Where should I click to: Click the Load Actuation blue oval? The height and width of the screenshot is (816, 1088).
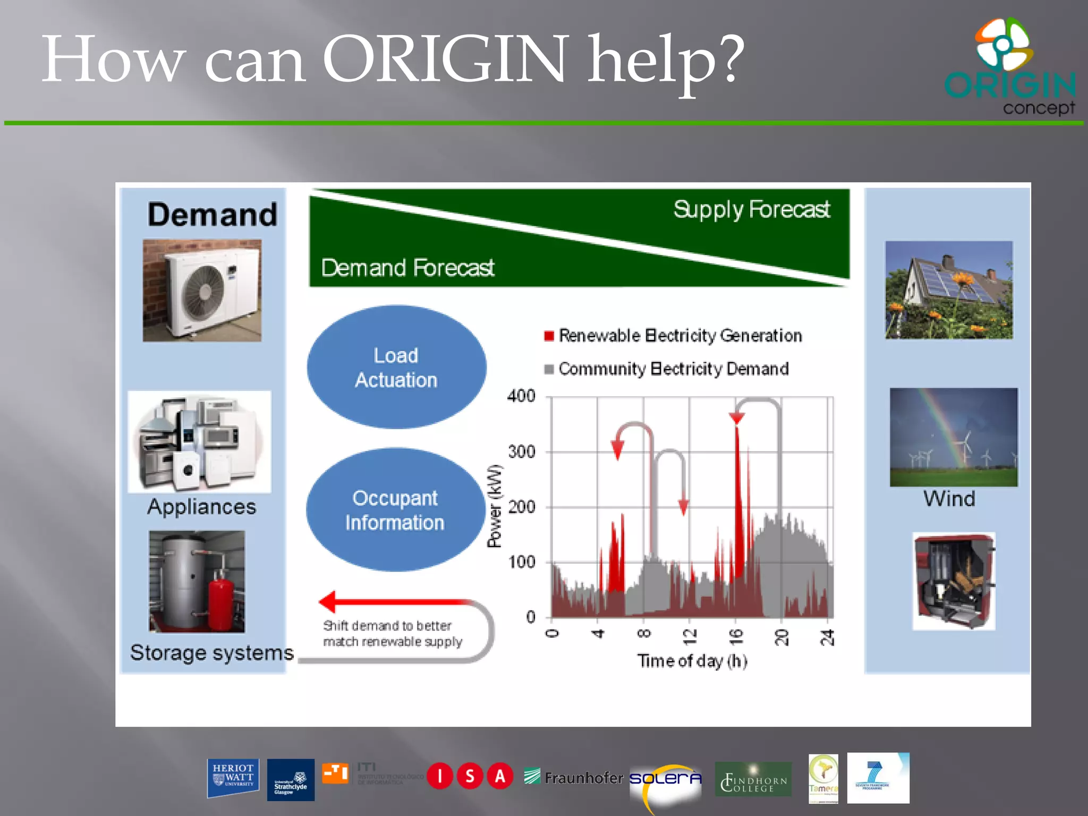tap(396, 368)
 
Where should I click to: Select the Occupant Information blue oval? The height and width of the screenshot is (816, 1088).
tap(395, 510)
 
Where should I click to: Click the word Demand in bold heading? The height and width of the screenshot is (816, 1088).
tap(212, 215)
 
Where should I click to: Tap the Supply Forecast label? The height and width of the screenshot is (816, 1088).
tap(751, 209)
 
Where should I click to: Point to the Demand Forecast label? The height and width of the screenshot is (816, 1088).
tap(407, 268)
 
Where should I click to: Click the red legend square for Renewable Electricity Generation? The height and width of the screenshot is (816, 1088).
tap(549, 336)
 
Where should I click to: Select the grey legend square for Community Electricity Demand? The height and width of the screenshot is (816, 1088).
tap(549, 369)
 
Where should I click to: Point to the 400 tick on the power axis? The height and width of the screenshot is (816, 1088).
tap(521, 396)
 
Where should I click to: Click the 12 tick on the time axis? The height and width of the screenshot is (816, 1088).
tap(690, 635)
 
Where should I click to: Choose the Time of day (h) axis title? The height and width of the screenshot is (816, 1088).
tap(692, 661)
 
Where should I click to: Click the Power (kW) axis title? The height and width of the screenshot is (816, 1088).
tap(495, 506)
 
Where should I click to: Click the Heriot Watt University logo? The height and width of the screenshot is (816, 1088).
tap(233, 778)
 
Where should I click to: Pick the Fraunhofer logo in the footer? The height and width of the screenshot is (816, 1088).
tap(573, 778)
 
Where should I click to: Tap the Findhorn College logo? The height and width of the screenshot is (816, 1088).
tap(753, 779)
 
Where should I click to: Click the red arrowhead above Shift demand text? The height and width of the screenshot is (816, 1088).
tap(328, 601)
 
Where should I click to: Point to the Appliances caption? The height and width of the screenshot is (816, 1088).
tap(201, 507)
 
